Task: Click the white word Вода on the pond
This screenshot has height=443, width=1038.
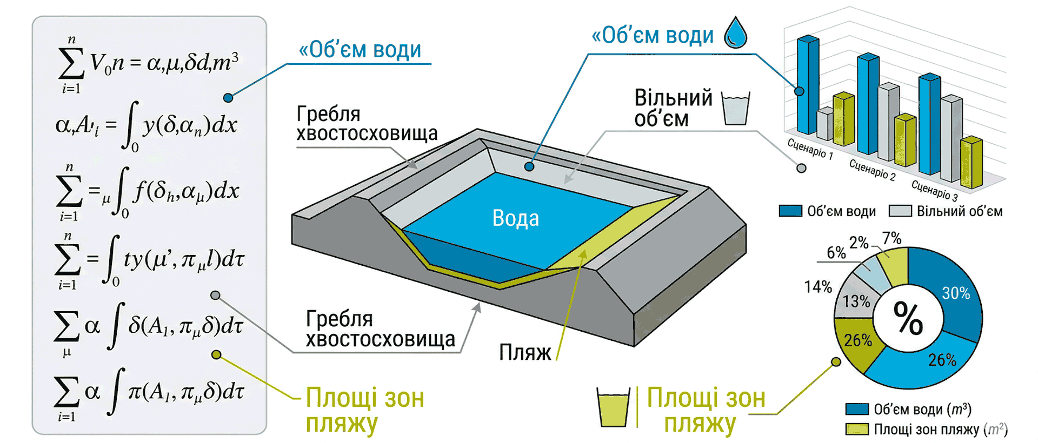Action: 515,218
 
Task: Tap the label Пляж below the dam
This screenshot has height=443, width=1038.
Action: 524,352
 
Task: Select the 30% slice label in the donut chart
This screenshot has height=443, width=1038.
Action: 956,293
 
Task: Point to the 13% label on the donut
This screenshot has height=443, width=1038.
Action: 857,301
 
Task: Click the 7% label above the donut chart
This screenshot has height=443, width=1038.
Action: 891,238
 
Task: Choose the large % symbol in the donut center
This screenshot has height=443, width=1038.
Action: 908,318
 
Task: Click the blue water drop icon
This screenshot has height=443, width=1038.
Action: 735,32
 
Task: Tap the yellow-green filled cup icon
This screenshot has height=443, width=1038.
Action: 613,406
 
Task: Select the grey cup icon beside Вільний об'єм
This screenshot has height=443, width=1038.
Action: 736,109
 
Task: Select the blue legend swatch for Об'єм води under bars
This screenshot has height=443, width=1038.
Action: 790,211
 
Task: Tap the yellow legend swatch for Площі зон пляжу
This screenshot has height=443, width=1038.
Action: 857,429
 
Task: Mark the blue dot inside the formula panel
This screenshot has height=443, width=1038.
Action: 228,98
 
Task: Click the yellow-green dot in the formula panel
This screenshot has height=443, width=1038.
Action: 216,355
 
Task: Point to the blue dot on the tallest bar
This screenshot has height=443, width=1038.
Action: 800,91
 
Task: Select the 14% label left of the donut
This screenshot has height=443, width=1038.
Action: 818,287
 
